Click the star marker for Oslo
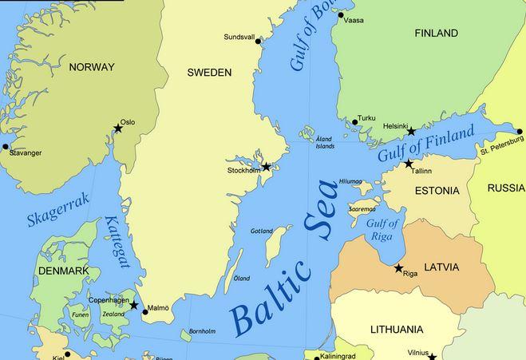(x=118, y=129)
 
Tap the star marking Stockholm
(x=267, y=167)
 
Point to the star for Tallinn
(x=409, y=164)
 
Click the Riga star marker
(x=398, y=268)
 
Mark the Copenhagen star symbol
(x=134, y=305)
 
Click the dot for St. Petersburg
(x=520, y=132)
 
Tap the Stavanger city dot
(x=6, y=146)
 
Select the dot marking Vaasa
(x=341, y=15)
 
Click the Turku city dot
(x=355, y=122)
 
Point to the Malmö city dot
(x=144, y=312)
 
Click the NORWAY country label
(x=92, y=67)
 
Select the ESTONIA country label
(x=437, y=191)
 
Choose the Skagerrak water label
(x=57, y=210)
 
